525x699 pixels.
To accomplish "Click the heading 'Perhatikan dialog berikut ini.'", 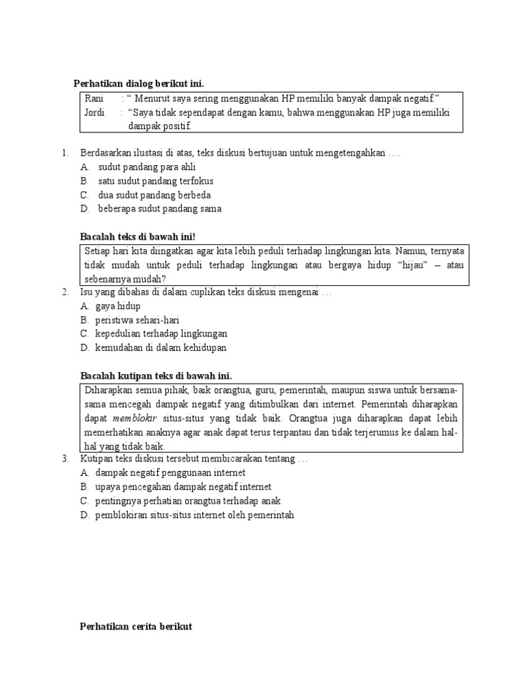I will coord(139,84).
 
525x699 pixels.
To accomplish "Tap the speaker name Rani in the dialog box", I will coord(94,99).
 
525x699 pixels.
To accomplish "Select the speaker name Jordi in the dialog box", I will coord(94,113).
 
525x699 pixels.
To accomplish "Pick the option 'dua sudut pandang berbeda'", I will coord(154,195).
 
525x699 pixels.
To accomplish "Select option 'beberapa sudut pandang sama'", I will coord(159,209).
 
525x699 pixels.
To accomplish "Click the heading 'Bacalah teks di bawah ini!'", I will coord(138,237).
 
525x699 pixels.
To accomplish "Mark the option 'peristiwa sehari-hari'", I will coord(137,320).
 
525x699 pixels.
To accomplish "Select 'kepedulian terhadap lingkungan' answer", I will coord(161,334).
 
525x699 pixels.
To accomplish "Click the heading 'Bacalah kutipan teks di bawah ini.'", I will coord(156,376).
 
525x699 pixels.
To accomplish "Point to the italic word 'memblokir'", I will coord(135,418).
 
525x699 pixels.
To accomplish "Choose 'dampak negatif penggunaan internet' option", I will coord(170,473).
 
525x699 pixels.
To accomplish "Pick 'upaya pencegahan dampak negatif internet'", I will coord(183,487).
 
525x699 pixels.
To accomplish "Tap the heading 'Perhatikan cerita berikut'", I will coord(136,626).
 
